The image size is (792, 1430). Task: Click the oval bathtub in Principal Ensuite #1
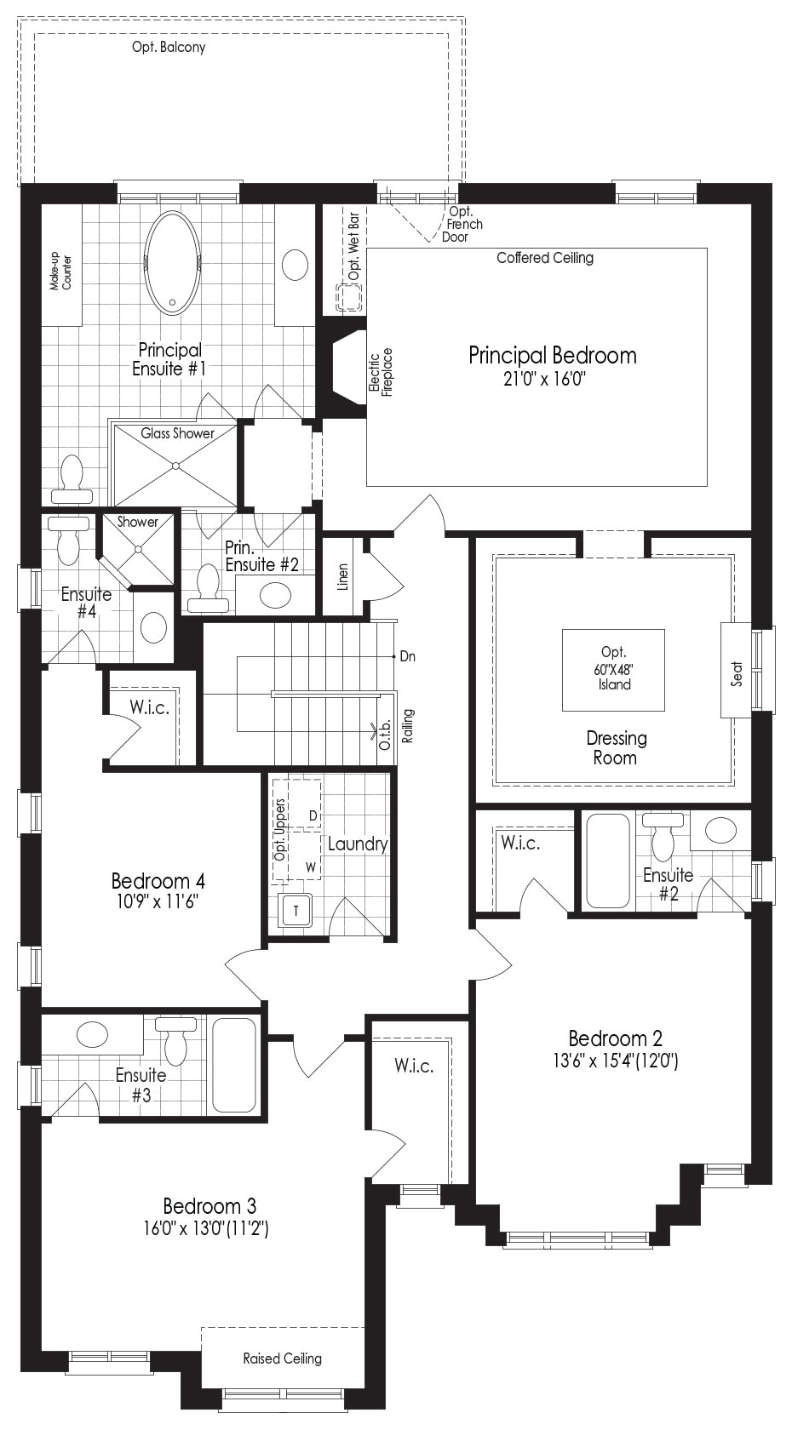(x=172, y=263)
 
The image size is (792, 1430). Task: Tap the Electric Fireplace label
(x=381, y=372)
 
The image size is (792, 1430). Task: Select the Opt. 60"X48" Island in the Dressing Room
(x=613, y=670)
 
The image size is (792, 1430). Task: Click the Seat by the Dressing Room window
(x=737, y=670)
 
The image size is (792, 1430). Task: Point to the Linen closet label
(x=343, y=576)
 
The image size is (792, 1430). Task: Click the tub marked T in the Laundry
(x=296, y=911)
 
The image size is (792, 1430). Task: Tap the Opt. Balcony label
(x=169, y=48)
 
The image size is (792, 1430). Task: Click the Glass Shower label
(x=177, y=433)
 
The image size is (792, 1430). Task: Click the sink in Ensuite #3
(x=92, y=1032)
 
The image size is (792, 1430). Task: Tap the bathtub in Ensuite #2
(x=607, y=861)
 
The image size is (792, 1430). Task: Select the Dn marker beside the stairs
(x=407, y=656)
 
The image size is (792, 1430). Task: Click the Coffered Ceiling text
(x=545, y=258)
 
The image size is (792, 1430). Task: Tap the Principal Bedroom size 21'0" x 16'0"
(x=545, y=379)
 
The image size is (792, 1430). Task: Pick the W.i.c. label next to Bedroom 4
(x=150, y=707)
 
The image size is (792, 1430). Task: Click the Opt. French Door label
(x=462, y=224)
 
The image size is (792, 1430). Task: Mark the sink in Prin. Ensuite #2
(x=275, y=595)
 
